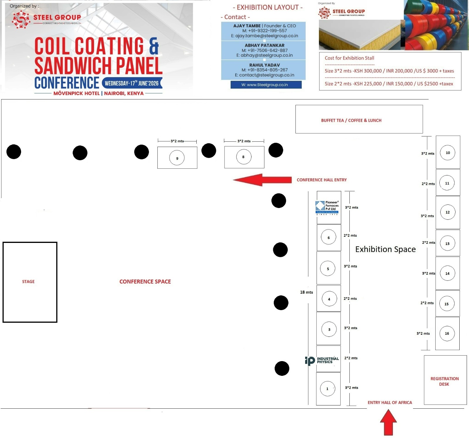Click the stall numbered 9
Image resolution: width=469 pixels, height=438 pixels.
coord(177,158)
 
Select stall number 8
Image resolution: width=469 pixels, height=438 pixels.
coord(244,157)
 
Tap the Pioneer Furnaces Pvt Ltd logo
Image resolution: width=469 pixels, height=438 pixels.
coord(328,207)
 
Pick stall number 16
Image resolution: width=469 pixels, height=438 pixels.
coord(447,333)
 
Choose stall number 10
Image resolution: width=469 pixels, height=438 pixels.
coord(448,153)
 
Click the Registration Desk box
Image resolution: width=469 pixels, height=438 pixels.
coord(445,381)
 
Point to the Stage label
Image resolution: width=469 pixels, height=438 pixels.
coord(28,282)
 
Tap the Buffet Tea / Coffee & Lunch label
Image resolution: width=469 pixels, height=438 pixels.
coord(351,121)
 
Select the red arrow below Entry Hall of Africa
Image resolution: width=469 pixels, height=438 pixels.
coord(388,422)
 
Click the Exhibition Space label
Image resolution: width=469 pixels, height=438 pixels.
coord(385,249)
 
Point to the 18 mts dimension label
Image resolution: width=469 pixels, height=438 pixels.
coord(306,292)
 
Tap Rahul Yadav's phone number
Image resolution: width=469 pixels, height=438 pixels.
coord(265,70)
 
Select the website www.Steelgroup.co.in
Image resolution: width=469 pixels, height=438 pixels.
coord(264,85)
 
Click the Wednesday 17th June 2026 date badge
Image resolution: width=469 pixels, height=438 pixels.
coord(132,83)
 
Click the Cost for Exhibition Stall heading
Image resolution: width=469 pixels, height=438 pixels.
coord(349,58)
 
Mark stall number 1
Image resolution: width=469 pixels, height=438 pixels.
coord(328,389)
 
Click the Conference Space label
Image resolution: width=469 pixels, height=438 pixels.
coord(145,282)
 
